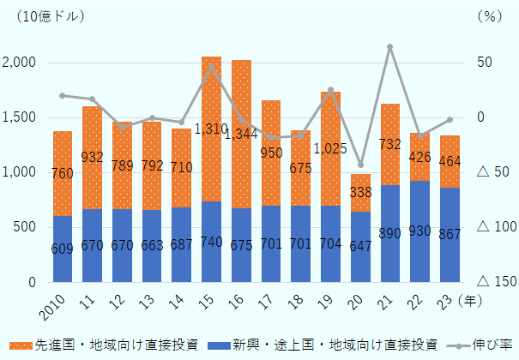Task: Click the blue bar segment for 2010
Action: pos(63,249)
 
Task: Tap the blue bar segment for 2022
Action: pos(420,231)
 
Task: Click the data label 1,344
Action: pos(241,134)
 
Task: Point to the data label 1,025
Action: pos(330,148)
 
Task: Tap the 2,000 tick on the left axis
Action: pos(18,63)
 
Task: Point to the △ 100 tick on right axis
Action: pos(495,227)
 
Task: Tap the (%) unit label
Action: pos(487,15)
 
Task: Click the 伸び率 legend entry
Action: pos(486,345)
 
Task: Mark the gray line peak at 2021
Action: pos(389,46)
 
